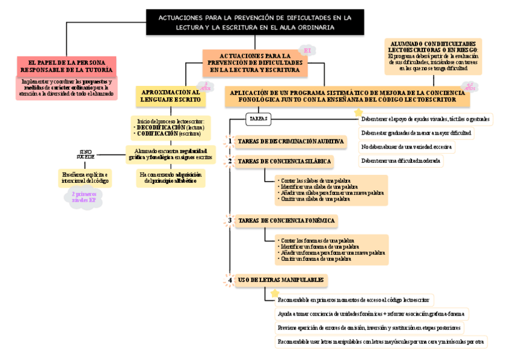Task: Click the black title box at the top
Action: (255, 22)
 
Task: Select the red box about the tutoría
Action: (66, 66)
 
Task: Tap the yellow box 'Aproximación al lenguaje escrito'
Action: (171, 94)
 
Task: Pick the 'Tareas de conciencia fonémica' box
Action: (286, 221)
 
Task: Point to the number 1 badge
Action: (230, 141)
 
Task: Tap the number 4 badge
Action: (230, 280)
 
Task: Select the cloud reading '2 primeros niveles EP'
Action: (84, 197)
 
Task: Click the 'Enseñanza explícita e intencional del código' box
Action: (85, 177)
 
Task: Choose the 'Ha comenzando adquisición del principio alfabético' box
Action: (171, 177)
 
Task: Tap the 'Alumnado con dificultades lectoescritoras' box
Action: (432, 56)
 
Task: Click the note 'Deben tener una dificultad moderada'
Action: (401, 160)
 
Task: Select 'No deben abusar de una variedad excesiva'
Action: (406, 147)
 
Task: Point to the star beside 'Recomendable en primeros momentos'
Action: (275, 293)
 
